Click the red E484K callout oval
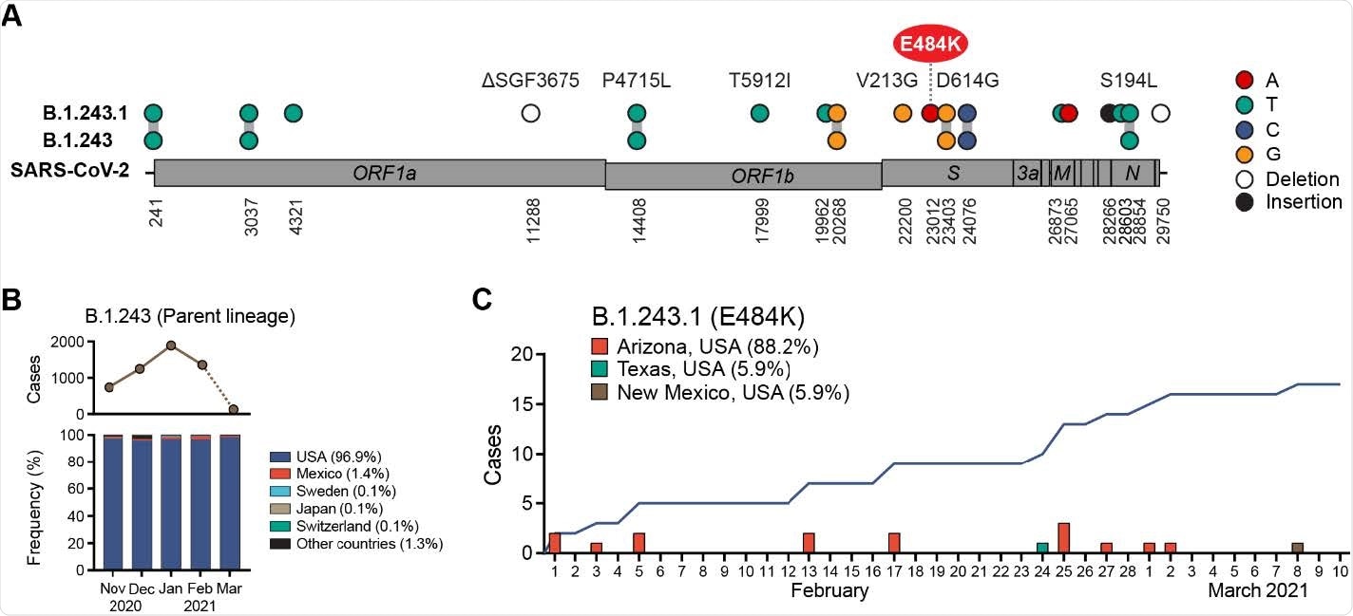coord(929,44)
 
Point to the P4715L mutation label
coord(637,81)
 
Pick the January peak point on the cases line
coord(170,345)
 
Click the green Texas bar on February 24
coord(1042,548)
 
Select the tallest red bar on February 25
coord(1064,537)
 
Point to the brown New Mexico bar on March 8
coord(1297,548)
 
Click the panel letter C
coord(483,298)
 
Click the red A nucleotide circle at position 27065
coord(1069,114)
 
